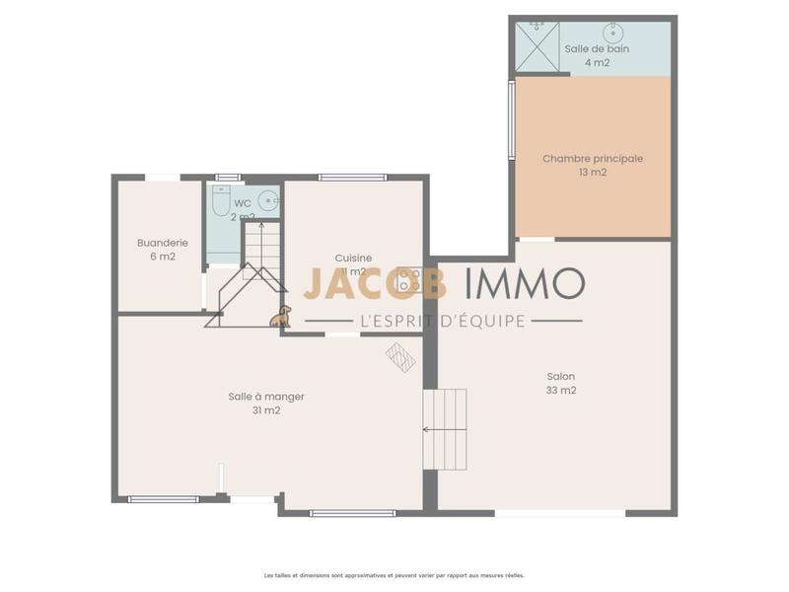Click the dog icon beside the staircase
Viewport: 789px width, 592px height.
281,316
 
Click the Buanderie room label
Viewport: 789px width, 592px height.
163,243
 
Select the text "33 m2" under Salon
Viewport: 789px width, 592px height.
561,390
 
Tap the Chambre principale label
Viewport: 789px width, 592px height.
593,158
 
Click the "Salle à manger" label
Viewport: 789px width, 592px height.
266,397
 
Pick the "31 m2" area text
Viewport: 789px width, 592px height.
266,410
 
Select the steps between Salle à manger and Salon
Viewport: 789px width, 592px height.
445,428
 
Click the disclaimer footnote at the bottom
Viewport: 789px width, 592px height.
394,574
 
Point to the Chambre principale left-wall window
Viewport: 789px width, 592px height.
511,119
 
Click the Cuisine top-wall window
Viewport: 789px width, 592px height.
353,178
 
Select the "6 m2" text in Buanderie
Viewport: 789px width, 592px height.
163,257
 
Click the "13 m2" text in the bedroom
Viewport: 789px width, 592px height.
593,172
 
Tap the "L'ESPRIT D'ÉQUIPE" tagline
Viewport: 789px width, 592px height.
444,321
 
